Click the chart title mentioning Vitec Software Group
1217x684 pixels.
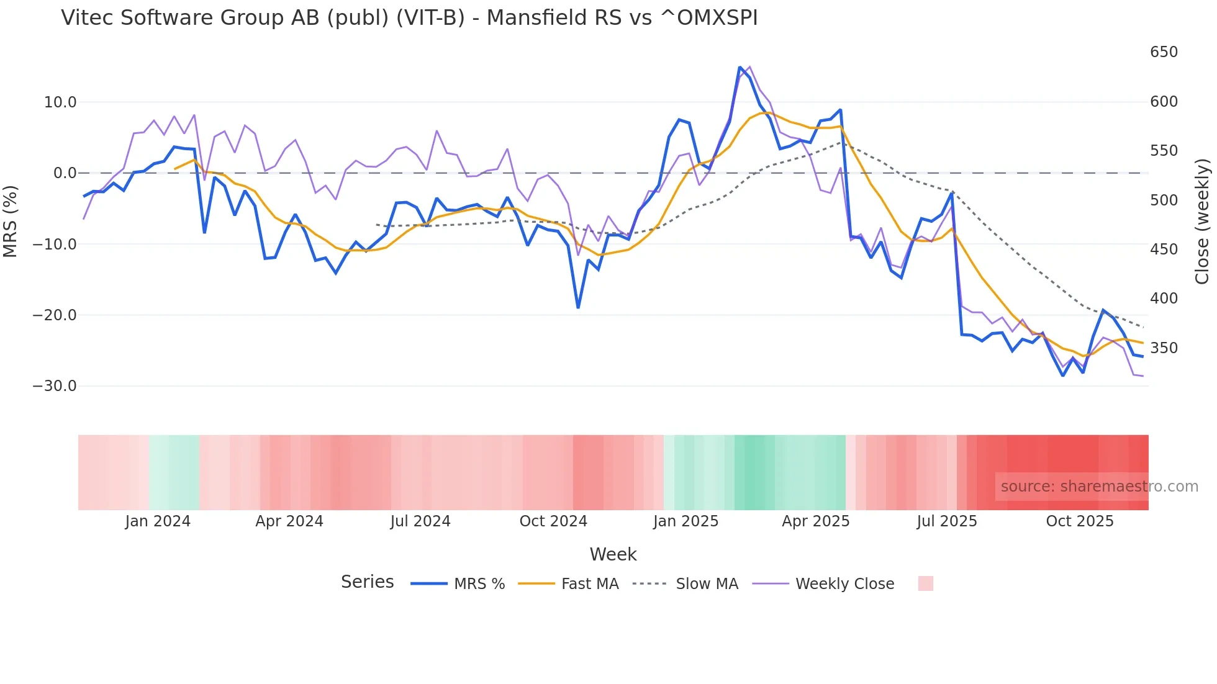(x=409, y=18)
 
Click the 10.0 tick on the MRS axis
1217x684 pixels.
(x=60, y=102)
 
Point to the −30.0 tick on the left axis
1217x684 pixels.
(x=55, y=386)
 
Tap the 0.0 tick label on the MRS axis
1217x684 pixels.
(x=65, y=173)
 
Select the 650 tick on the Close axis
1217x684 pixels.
(x=1164, y=52)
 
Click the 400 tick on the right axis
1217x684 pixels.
(x=1164, y=299)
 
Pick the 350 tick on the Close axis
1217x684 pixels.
(x=1164, y=348)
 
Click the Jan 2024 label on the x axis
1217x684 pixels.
(x=158, y=521)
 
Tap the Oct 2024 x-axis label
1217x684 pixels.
(x=553, y=521)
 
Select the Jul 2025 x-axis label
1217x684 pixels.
(x=947, y=521)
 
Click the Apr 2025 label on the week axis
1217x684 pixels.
(x=815, y=521)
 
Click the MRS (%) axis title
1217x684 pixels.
(x=11, y=222)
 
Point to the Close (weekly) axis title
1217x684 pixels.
(x=1202, y=222)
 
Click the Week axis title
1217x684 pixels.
(x=613, y=554)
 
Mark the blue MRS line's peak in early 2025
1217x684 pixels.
(x=740, y=67)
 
